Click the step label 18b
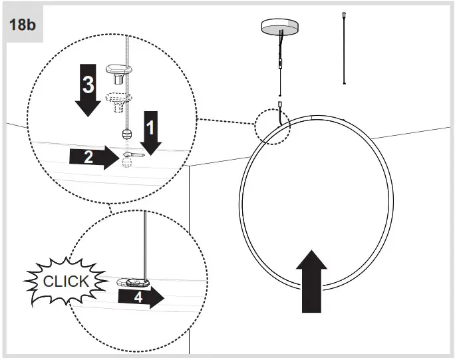22,25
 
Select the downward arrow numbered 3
88,94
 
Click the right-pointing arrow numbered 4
140,297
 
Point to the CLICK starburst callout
65,281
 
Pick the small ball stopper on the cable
126,134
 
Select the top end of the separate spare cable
343,14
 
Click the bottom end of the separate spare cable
343,82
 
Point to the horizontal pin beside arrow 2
132,155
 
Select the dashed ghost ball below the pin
127,164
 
